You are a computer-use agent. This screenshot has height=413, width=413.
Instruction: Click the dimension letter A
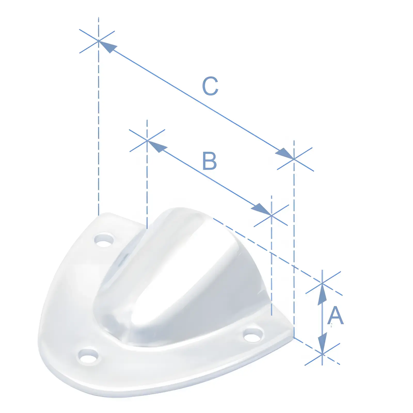pyautogui.click(x=336, y=315)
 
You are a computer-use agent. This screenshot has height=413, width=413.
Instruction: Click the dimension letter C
pyautogui.click(x=210, y=86)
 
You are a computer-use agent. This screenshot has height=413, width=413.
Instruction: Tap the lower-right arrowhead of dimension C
pyautogui.click(x=285, y=154)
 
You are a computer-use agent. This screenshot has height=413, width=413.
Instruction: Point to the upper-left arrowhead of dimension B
pyautogui.click(x=156, y=146)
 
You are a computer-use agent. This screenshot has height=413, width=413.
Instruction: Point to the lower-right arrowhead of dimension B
pyautogui.click(x=262, y=209)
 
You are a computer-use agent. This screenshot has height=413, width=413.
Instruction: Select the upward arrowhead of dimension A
pyautogui.click(x=322, y=294)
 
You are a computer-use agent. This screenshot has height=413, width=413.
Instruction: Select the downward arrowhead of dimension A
pyautogui.click(x=322, y=343)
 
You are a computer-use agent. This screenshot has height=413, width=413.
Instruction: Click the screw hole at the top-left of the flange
pyautogui.click(x=104, y=240)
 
